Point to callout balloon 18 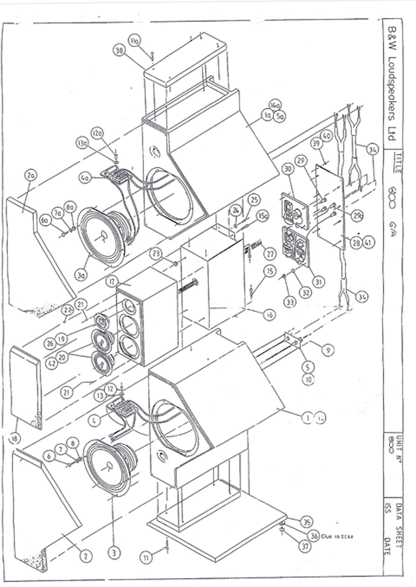click(x=16, y=438)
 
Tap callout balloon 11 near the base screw click(x=148, y=558)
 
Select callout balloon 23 click(x=158, y=254)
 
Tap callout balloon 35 click(x=307, y=521)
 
